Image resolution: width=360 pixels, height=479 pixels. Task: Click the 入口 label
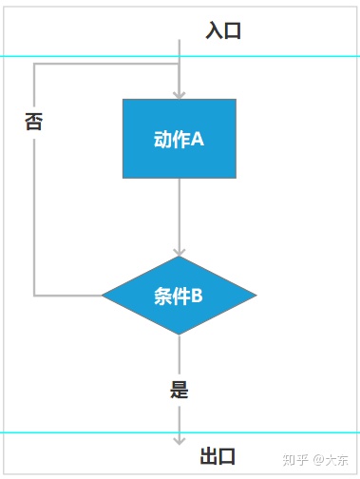click(223, 30)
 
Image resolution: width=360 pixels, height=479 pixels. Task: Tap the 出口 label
click(218, 455)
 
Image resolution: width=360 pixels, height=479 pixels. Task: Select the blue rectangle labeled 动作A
click(179, 139)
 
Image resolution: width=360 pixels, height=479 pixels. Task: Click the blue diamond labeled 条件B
click(179, 296)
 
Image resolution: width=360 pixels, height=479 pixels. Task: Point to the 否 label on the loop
click(33, 122)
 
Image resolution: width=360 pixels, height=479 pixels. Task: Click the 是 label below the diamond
click(179, 390)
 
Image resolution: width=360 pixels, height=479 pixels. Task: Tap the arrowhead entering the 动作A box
click(179, 93)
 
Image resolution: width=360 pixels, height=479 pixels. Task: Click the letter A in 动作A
click(199, 140)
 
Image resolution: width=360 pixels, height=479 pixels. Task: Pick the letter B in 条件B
click(198, 296)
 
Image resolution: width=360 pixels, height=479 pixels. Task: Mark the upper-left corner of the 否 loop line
click(34, 65)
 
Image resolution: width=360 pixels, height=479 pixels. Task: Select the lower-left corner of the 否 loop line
click(34, 296)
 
